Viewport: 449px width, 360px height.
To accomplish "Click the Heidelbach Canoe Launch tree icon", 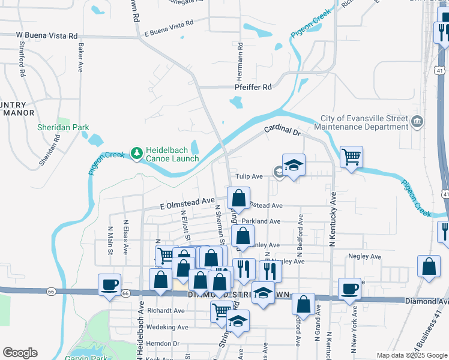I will pyautogui.click(x=137, y=154).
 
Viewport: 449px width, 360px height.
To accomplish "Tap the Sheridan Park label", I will pyautogui.click(x=63, y=127).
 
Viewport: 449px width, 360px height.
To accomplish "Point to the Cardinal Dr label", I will pyautogui.click(x=282, y=130).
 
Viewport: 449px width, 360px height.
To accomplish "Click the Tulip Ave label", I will pyautogui.click(x=249, y=176).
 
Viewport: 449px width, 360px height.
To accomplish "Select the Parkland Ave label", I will pyautogui.click(x=261, y=221).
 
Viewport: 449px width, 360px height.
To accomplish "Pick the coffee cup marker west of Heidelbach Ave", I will pyautogui.click(x=110, y=284).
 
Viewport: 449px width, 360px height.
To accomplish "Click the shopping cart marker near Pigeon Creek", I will pyautogui.click(x=351, y=157).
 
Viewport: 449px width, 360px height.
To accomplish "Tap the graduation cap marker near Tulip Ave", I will pyautogui.click(x=294, y=164).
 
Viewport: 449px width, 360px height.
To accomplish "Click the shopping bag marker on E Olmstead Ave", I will pyautogui.click(x=239, y=197).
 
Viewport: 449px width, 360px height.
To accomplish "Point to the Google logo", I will pyautogui.click(x=20, y=353).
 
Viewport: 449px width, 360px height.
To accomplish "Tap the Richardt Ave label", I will pyautogui.click(x=166, y=311).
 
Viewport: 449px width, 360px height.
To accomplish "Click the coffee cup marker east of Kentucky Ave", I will pyautogui.click(x=350, y=289).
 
